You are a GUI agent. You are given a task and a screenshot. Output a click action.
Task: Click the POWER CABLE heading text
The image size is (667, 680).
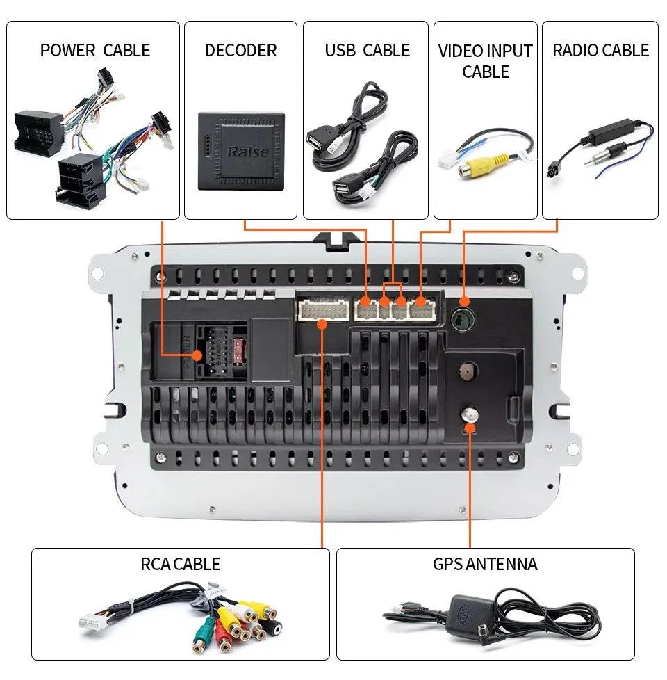coord(94,50)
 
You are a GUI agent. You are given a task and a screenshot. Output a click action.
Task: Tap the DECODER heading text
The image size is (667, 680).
coord(240,50)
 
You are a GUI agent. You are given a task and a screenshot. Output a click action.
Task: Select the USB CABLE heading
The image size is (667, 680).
coord(367,50)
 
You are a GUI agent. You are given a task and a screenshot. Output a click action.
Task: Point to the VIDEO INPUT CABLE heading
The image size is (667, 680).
coord(485,61)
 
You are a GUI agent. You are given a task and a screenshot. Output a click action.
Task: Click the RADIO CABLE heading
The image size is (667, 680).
coord(600,50)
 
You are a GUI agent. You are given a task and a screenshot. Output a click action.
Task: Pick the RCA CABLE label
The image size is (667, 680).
coord(180,563)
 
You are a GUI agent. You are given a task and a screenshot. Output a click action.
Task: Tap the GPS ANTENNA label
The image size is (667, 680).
coord(484,563)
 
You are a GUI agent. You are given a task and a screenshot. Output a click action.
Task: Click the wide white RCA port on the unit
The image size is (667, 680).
coord(322,309)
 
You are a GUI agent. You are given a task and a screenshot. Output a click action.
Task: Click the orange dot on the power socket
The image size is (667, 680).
coord(197,355)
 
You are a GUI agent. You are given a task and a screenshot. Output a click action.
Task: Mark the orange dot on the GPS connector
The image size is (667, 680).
coord(470,428)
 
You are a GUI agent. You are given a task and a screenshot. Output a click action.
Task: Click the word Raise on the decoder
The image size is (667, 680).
coord(247,152)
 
